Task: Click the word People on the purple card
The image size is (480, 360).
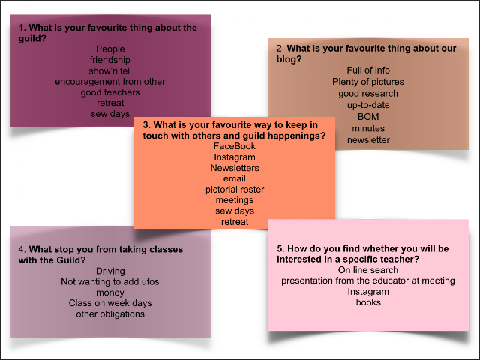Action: click(110, 49)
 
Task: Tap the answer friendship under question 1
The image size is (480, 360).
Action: click(110, 60)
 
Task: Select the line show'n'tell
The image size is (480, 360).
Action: click(110, 70)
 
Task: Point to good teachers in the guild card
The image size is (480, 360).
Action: click(110, 92)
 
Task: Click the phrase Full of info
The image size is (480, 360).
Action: click(368, 70)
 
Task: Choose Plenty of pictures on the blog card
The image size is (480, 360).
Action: click(368, 82)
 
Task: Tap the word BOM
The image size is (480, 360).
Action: click(368, 117)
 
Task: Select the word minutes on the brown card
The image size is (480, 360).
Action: click(368, 128)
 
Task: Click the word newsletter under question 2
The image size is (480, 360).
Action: click(368, 140)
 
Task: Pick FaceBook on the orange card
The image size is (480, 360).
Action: click(235, 146)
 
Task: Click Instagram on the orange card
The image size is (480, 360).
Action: click(235, 157)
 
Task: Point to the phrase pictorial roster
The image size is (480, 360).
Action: click(235, 190)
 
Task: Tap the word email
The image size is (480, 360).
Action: click(235, 178)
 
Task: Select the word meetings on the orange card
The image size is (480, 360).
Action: click(235, 200)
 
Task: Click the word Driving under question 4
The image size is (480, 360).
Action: click(110, 271)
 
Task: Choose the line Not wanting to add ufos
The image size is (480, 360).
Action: click(110, 282)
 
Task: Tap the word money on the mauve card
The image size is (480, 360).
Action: click(110, 292)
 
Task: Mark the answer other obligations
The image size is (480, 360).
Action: click(110, 314)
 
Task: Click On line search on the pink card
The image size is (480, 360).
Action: click(368, 270)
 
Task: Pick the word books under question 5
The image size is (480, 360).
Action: click(368, 302)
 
